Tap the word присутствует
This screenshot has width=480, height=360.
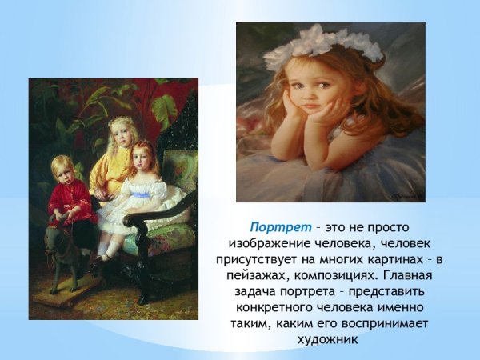254,260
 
